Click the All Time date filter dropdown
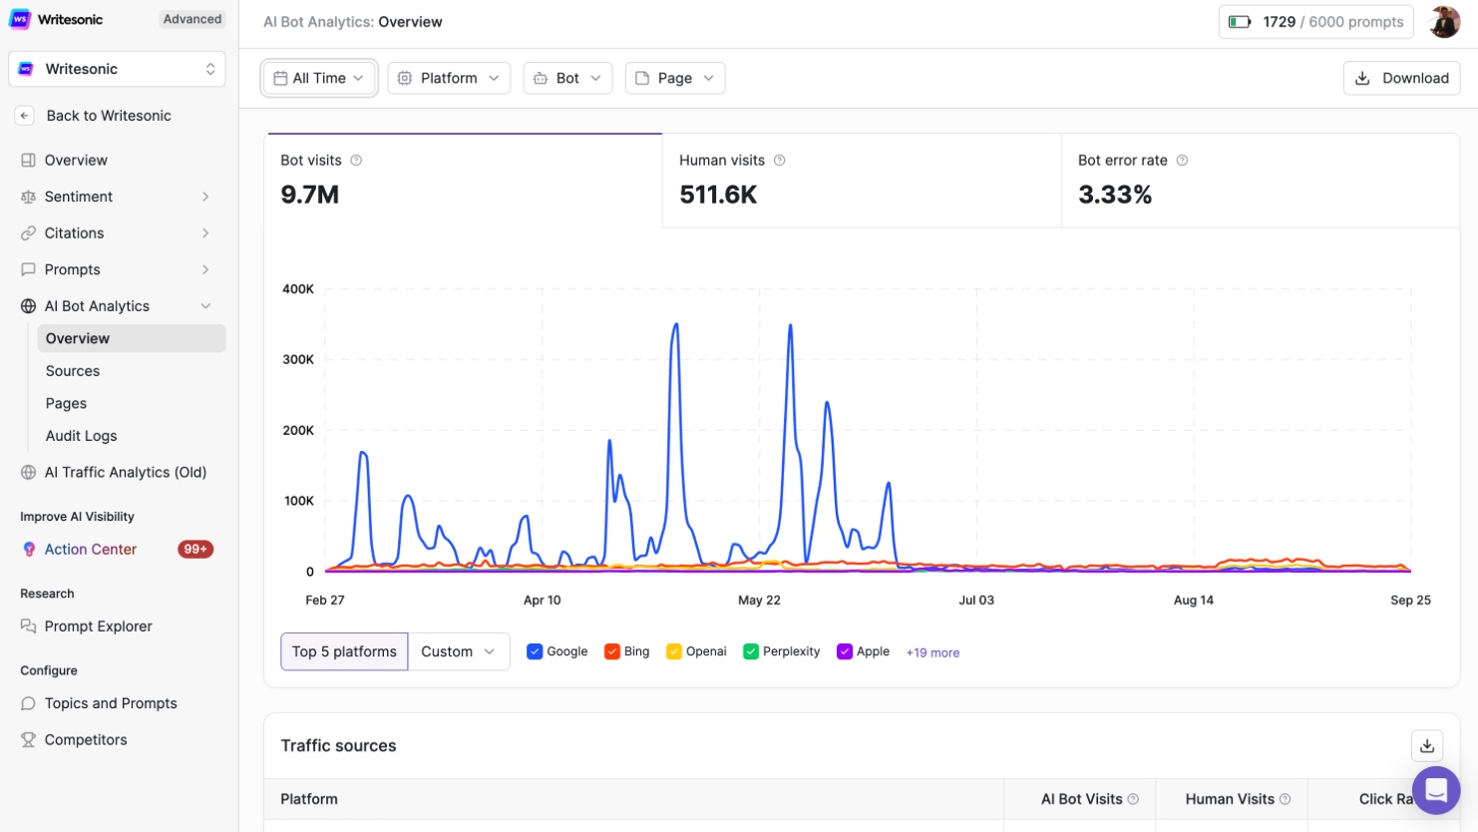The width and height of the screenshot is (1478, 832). click(319, 78)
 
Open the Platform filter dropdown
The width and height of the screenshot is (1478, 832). click(449, 78)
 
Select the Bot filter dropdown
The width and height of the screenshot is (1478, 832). click(567, 78)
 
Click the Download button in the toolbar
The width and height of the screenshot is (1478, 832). click(1401, 78)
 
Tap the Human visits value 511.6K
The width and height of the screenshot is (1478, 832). click(718, 195)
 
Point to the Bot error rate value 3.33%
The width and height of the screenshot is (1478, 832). click(1115, 195)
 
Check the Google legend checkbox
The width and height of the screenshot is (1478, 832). click(535, 651)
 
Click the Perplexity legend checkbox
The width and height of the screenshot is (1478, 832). click(751, 651)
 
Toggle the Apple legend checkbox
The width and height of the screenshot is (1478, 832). click(845, 651)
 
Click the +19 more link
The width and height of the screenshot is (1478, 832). click(932, 652)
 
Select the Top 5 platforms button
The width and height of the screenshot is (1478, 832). click(344, 651)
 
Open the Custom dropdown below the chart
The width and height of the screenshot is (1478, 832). click(459, 651)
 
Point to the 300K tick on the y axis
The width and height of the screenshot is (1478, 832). click(298, 359)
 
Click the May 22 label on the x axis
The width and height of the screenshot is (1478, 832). click(759, 600)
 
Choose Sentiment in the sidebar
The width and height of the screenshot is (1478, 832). click(79, 197)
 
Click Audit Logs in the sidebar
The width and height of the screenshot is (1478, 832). click(81, 436)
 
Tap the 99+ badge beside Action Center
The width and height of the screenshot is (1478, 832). click(195, 549)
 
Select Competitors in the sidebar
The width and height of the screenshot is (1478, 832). click(86, 739)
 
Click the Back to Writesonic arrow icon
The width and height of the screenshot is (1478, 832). click(25, 116)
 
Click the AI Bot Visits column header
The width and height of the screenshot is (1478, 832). click(1082, 799)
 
